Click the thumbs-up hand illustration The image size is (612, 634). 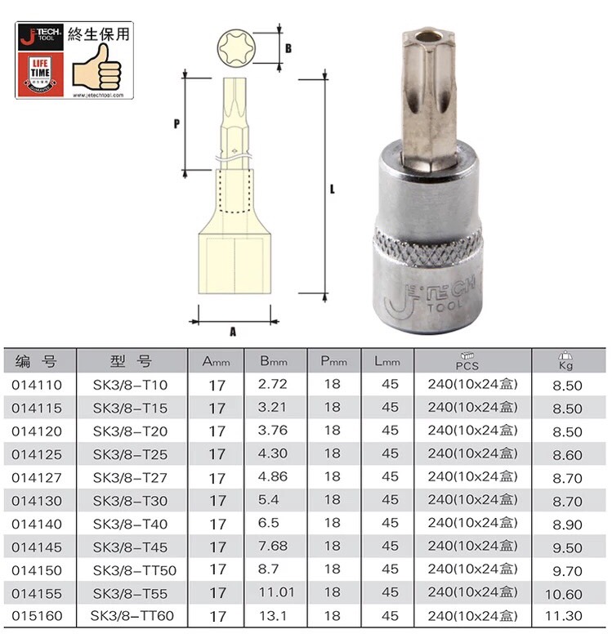click(x=96, y=67)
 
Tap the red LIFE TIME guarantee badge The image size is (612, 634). click(x=41, y=74)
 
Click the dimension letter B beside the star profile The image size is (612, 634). click(x=288, y=48)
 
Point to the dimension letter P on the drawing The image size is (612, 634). click(x=176, y=123)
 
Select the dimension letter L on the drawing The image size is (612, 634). click(x=332, y=190)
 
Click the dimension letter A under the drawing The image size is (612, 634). click(x=233, y=332)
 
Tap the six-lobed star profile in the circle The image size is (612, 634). click(x=235, y=48)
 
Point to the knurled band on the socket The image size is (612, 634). click(x=427, y=248)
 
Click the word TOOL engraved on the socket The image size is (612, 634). click(x=444, y=306)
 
